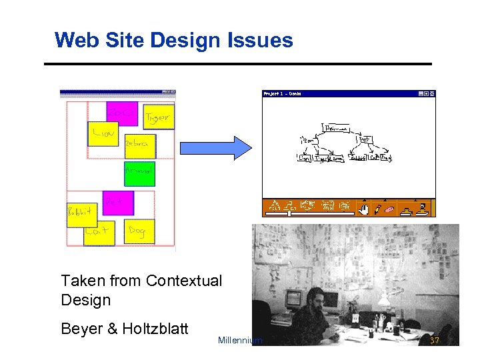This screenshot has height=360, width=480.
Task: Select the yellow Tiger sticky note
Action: (159, 117)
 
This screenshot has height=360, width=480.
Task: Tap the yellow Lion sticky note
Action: (103, 133)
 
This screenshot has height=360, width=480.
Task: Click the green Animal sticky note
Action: (139, 173)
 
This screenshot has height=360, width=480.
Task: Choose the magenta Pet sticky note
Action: (118, 203)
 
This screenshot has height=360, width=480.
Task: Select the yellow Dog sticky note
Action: (139, 231)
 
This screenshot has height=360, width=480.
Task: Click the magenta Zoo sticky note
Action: (122, 113)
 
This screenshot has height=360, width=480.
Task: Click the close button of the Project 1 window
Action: (432, 94)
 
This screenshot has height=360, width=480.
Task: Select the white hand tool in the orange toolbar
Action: (363, 209)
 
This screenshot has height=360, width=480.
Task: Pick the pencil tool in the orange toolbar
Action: (377, 209)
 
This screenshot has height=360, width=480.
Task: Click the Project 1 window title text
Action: (283, 94)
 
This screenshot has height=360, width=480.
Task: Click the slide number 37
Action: (435, 341)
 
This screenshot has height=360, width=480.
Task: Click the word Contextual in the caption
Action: (183, 281)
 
